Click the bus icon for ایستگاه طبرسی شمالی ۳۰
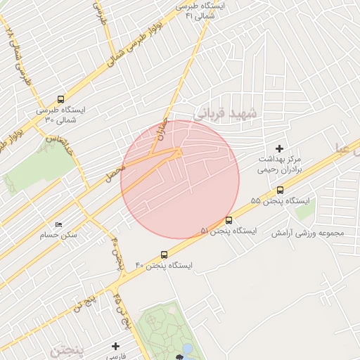click(60, 100)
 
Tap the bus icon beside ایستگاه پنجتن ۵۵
click(280, 190)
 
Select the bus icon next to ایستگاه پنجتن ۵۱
click(229, 221)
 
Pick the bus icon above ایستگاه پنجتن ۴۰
click(164, 255)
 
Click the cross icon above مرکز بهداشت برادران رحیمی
click(280, 148)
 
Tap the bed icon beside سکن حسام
click(58, 224)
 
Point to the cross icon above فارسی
click(116, 346)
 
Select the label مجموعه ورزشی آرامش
click(309, 233)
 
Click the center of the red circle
click(180, 180)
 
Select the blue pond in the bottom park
click(187, 349)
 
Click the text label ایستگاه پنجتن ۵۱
click(229, 231)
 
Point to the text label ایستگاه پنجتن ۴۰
click(164, 266)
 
